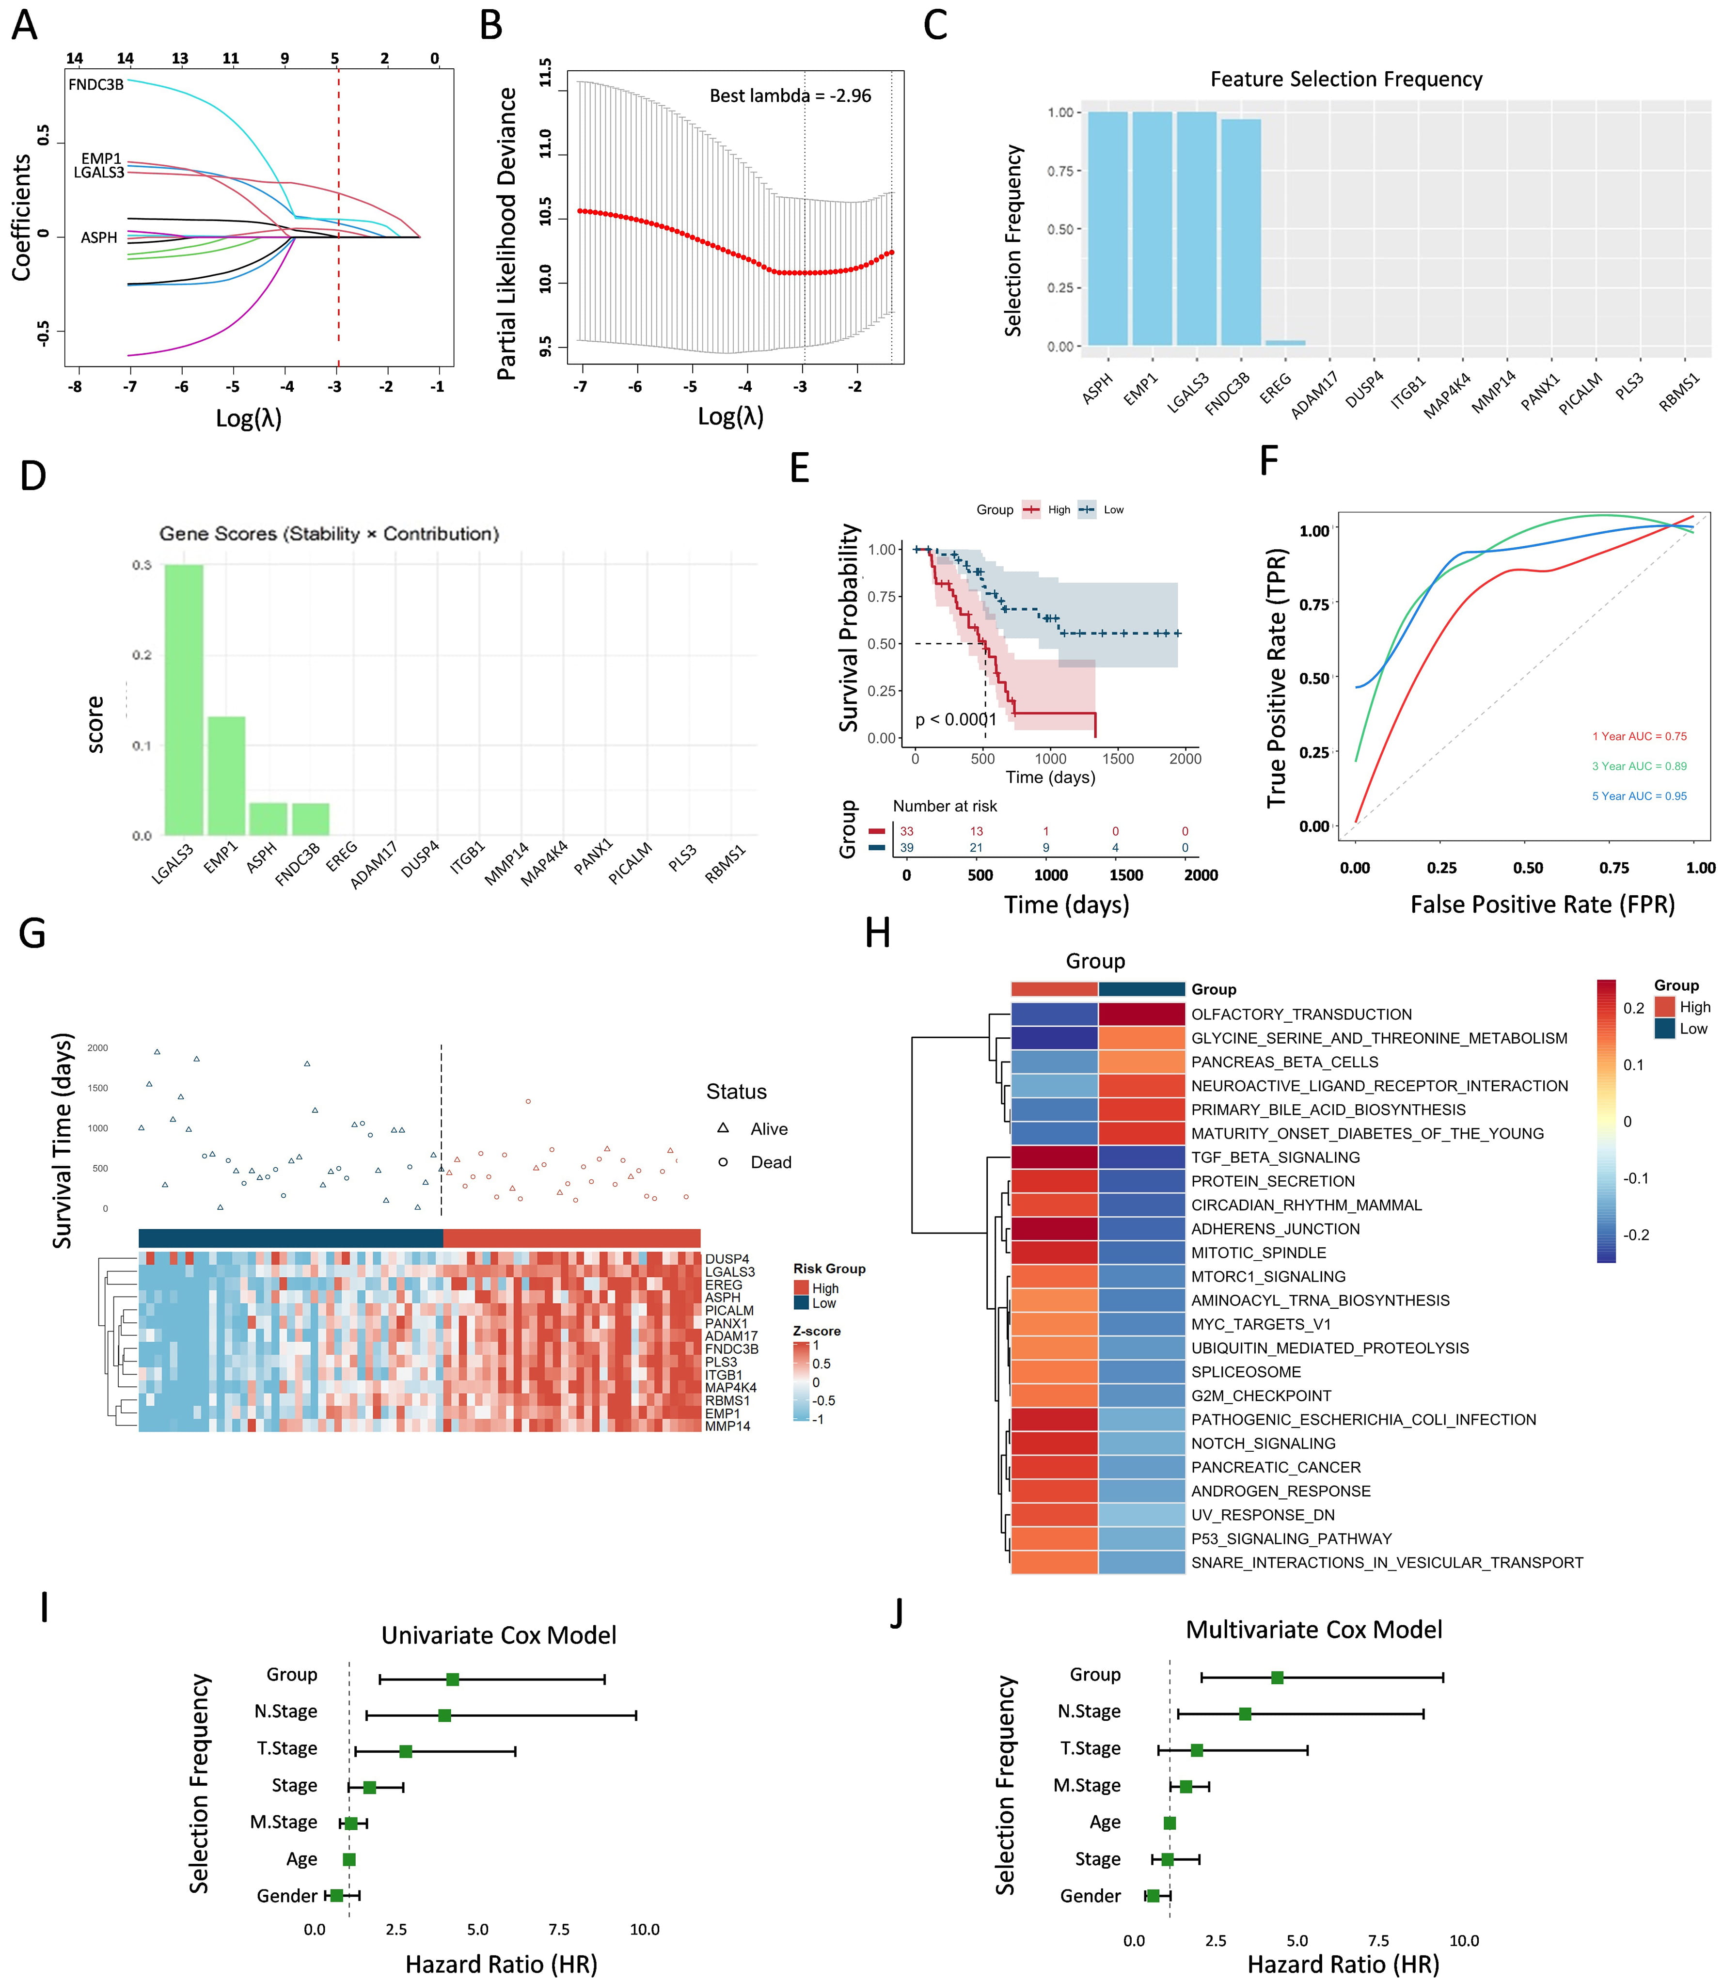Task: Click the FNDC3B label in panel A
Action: click(96, 85)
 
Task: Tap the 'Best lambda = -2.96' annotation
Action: click(790, 96)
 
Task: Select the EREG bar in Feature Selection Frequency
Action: click(1284, 342)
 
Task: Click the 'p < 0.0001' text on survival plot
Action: click(956, 719)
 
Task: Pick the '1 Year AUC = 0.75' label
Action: click(1639, 737)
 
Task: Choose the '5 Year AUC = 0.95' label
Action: click(1639, 796)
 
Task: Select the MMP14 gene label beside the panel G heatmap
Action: click(728, 1426)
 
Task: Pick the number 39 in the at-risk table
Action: click(907, 847)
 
